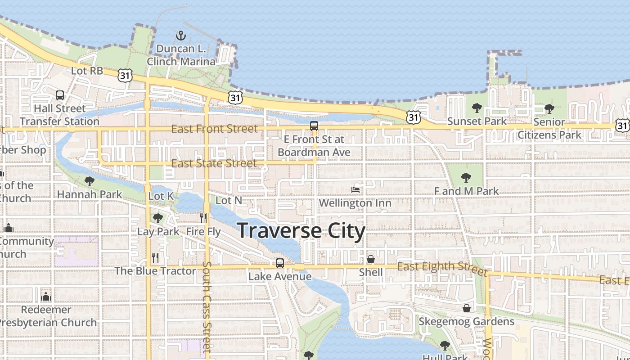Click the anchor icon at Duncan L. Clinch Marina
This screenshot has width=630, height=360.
[181, 36]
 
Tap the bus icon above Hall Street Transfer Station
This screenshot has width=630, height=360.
[60, 95]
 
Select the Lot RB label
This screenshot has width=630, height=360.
[87, 71]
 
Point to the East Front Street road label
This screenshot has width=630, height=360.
[215, 129]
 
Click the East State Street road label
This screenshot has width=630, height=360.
[214, 163]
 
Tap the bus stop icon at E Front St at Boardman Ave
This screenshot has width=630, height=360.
[314, 126]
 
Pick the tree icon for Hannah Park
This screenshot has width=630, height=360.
[90, 181]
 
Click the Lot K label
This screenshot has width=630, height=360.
[161, 196]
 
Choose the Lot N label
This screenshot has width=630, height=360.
[229, 200]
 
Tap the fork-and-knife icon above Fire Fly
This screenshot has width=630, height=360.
[203, 218]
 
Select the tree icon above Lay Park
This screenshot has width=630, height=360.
[157, 218]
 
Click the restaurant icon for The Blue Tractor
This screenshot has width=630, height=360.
[155, 258]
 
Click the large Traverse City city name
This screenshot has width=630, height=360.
[301, 230]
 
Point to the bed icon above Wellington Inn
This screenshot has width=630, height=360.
[355, 190]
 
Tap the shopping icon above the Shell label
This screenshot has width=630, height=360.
[371, 259]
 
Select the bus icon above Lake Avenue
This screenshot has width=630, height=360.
[280, 263]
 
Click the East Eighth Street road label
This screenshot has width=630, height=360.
[442, 269]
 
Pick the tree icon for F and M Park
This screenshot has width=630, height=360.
[466, 178]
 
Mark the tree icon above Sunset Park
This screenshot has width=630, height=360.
[477, 108]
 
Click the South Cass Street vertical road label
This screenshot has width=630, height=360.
[207, 306]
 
